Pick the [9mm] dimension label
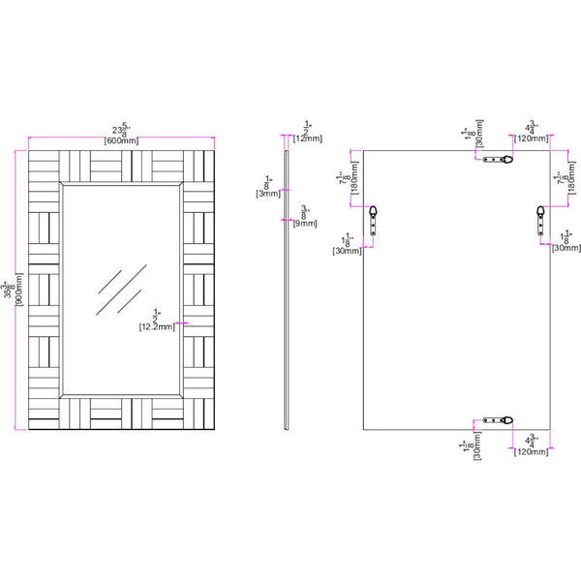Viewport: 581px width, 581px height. point(308,223)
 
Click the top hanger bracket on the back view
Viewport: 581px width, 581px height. point(504,159)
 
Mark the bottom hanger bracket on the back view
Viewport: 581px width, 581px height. point(504,419)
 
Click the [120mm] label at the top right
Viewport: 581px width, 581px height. point(532,139)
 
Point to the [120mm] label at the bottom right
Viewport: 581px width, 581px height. point(532,450)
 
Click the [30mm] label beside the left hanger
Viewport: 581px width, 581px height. point(346,251)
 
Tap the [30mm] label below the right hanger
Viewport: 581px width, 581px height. point(566,248)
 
